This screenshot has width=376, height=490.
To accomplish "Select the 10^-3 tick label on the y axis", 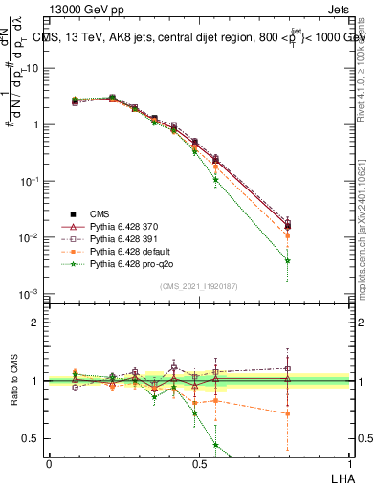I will click(x=31, y=294).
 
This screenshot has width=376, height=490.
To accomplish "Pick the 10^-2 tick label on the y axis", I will click(x=31, y=237).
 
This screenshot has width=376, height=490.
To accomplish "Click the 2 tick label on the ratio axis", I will click(x=35, y=323).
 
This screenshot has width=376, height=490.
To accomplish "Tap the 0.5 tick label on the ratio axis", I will click(x=31, y=438).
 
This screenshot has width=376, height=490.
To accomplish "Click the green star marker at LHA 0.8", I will click(x=288, y=260).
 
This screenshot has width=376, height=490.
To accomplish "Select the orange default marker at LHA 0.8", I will click(x=288, y=235).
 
